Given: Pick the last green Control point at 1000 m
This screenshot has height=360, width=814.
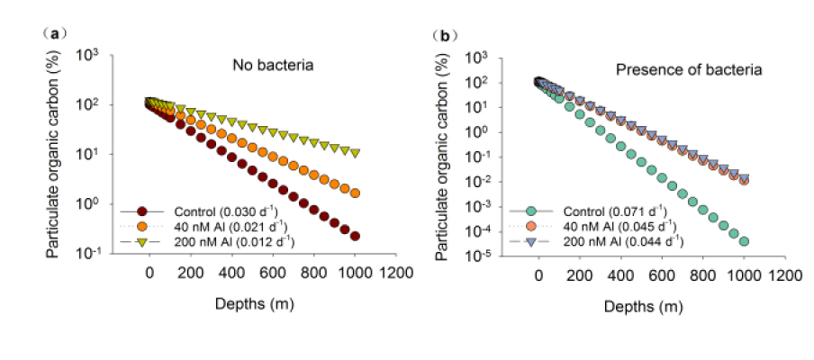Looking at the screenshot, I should tap(745, 241).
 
